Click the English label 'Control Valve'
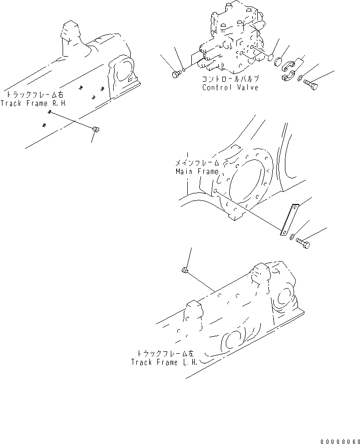(230, 88)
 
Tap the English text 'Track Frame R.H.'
(33, 103)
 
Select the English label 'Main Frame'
(197, 171)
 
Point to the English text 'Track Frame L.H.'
(164, 362)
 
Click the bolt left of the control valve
(176, 74)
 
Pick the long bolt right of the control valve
(310, 85)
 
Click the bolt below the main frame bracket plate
(302, 243)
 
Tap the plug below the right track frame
(96, 130)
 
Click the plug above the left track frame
(185, 271)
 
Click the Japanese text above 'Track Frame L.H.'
(164, 353)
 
